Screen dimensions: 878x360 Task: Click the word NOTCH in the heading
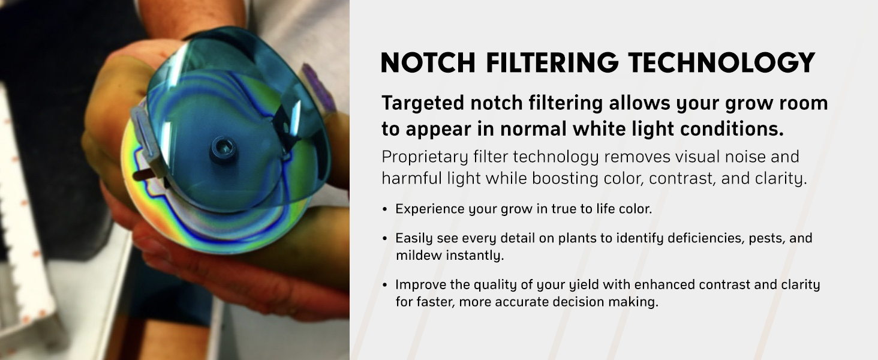(x=428, y=62)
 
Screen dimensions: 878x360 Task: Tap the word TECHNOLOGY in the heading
(x=721, y=62)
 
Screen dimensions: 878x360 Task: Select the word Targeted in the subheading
(x=423, y=104)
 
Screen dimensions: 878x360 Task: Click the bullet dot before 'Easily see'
(x=385, y=238)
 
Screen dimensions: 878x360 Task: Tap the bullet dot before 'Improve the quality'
(x=385, y=285)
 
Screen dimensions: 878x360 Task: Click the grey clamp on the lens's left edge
(x=148, y=141)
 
